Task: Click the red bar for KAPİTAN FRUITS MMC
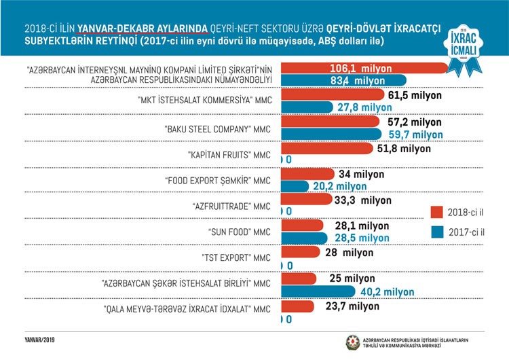click(326, 148)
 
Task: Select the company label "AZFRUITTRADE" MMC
click(231, 206)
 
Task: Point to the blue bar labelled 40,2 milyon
click(318, 291)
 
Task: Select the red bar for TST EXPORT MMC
click(300, 252)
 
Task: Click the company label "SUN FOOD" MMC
click(239, 232)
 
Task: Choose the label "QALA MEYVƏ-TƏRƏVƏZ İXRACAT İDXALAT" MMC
click(187, 310)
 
